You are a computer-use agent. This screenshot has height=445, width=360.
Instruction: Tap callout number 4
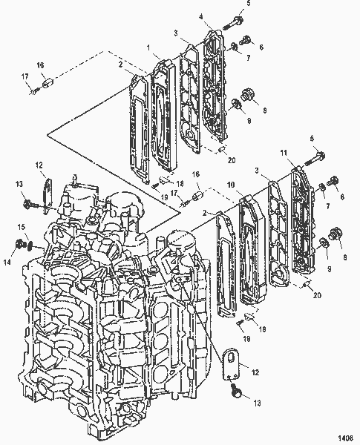(202, 16)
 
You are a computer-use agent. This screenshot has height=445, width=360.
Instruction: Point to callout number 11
(283, 153)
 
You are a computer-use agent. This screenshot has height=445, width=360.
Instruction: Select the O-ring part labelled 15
(28, 244)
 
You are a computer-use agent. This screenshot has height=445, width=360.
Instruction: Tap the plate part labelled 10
(249, 252)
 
